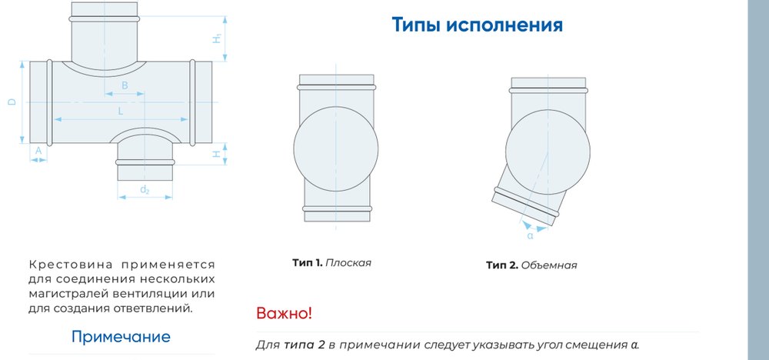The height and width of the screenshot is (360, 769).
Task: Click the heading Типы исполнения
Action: [478, 25]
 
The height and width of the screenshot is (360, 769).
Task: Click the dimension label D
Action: [12, 102]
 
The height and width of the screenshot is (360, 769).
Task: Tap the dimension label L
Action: [121, 112]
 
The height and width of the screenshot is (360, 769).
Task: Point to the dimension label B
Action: [125, 85]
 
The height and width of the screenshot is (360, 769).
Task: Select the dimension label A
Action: [38, 151]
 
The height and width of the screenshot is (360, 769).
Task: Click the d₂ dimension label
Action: [145, 190]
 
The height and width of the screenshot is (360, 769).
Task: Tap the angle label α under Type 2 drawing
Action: [530, 236]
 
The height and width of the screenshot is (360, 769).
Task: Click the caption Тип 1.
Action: [308, 262]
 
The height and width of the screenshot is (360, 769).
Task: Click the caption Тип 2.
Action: [502, 265]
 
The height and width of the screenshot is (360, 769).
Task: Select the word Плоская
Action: [348, 262]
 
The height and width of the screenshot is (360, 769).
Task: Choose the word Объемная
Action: [549, 265]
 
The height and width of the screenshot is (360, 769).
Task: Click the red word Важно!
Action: [284, 313]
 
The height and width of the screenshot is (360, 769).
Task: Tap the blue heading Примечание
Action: [121, 337]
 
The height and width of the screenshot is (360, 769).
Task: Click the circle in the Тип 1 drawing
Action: [336, 106]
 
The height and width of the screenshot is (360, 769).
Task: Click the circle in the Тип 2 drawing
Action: [548, 110]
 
